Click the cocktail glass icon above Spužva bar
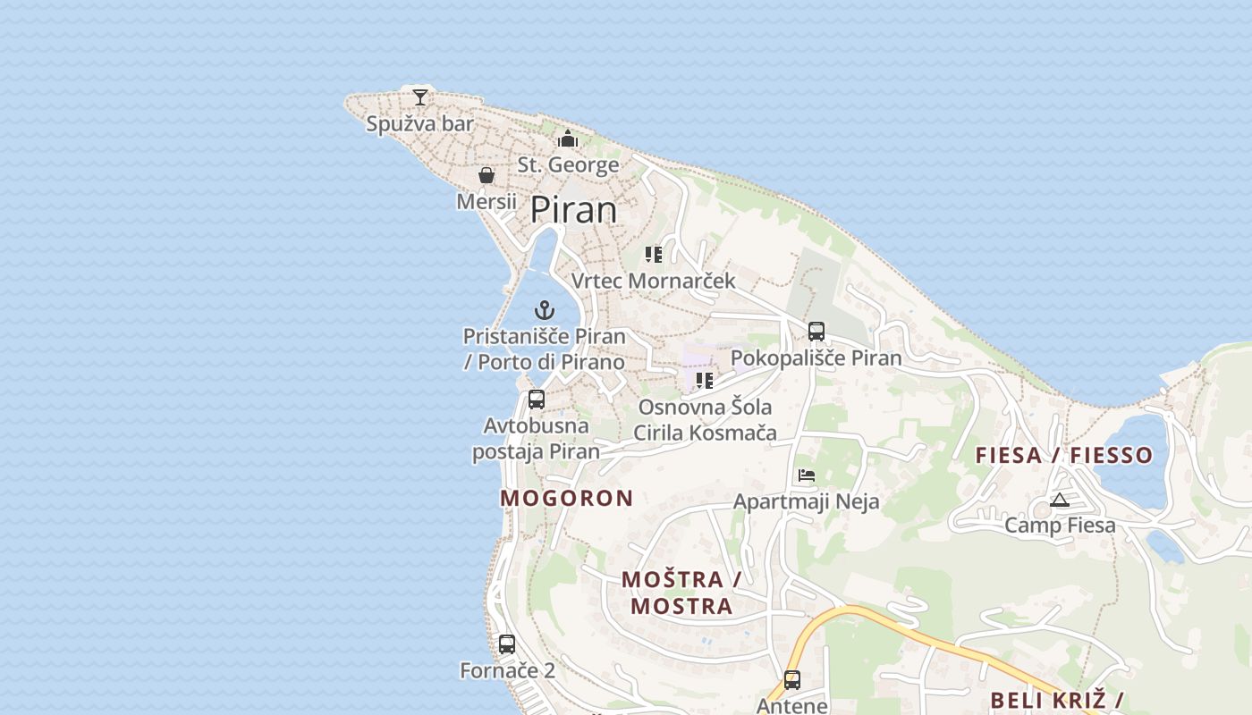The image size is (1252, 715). pos(420,97)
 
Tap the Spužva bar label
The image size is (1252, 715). pos(419,123)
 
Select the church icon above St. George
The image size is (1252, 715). pos(568,139)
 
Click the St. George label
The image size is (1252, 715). pos(568,165)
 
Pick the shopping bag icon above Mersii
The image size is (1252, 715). pos(486,175)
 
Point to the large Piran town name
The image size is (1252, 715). pos(573,210)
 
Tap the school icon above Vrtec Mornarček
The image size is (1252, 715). pos(654,255)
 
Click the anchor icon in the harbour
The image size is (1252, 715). pos(545,310)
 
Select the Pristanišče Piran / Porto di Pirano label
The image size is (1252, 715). pos(544,349)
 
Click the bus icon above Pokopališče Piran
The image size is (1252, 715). pos(816,332)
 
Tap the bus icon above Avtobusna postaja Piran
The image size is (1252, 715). pos(537,400)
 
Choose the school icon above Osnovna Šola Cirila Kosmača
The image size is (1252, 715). pos(705,381)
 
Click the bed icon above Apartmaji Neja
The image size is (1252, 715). pos(807,475)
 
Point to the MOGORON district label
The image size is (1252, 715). pos(567,499)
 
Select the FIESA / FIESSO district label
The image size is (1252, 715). pos(1064,455)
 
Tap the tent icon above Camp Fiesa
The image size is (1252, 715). pos(1060,500)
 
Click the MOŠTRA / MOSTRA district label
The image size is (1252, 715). pos(681,593)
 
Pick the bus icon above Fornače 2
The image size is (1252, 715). pos(507,643)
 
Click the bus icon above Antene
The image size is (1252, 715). pos(792,680)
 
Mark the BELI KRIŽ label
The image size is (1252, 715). pos(1056,700)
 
